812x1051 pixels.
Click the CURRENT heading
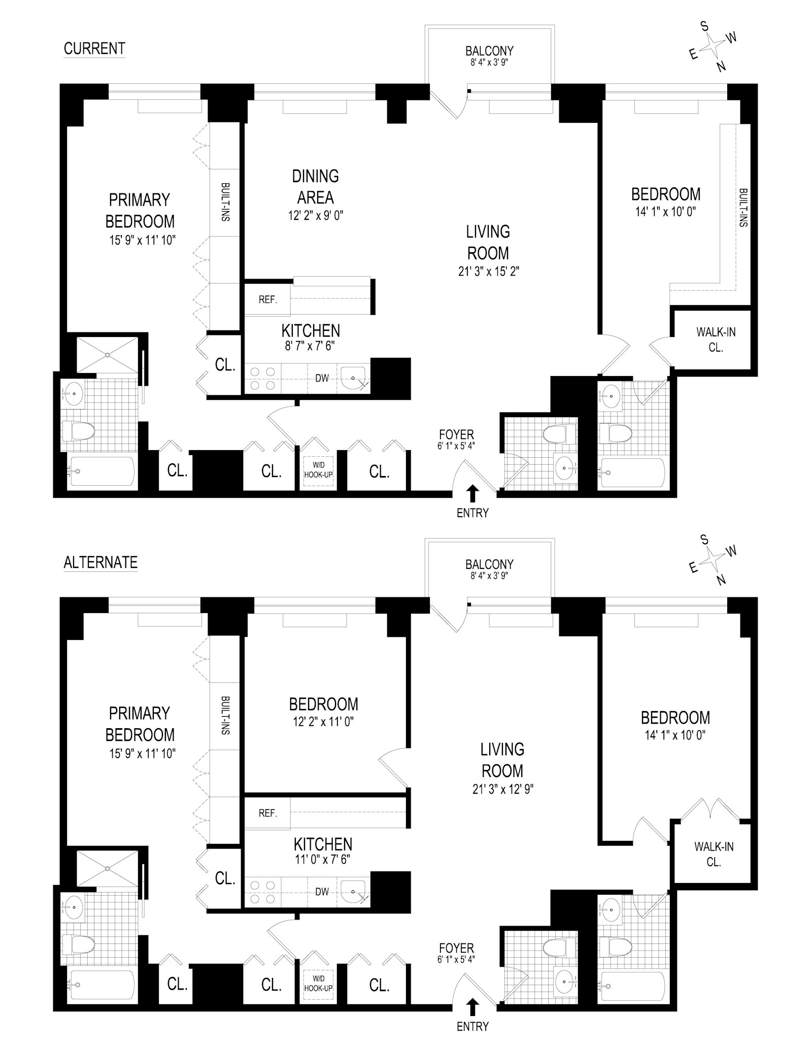[94, 49]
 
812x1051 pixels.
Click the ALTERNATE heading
[100, 562]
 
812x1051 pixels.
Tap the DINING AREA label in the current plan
[315, 187]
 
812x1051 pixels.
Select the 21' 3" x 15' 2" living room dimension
[488, 272]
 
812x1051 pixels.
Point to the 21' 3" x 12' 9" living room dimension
[502, 789]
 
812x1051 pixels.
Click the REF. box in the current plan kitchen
[267, 300]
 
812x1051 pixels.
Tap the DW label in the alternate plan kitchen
[322, 892]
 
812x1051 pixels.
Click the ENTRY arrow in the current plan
[472, 493]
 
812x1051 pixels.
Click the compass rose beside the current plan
[714, 46]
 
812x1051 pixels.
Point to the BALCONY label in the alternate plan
[489, 564]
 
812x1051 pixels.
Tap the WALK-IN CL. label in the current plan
[716, 340]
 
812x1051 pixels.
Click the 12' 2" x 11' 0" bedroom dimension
[323, 721]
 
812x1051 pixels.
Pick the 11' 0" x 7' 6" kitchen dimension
[323, 859]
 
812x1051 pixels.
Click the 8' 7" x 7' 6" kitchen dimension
[311, 346]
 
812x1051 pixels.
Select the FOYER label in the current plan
[457, 435]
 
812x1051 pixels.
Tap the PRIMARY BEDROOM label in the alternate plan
[140, 724]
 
